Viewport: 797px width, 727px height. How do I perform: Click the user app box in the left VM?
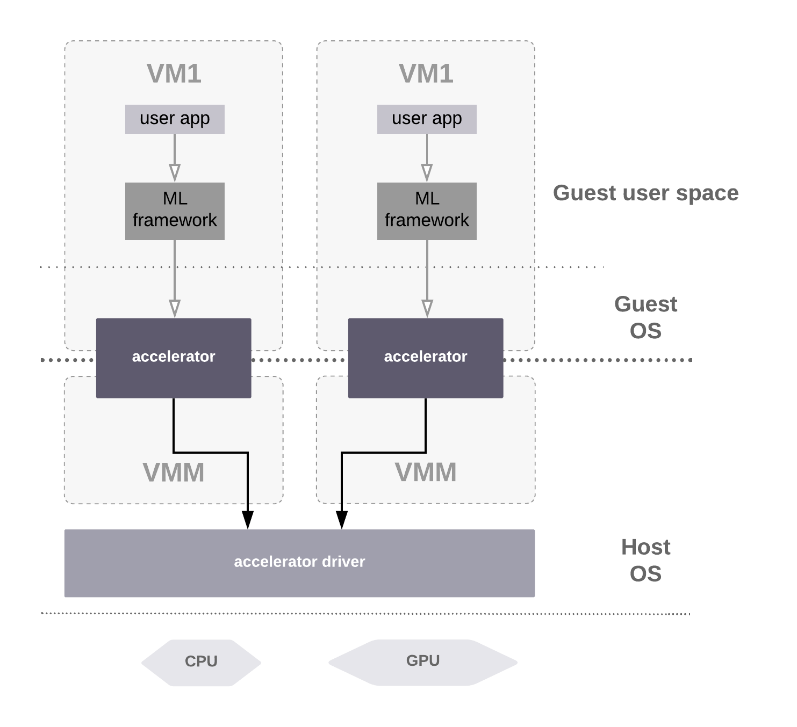pyautogui.click(x=175, y=119)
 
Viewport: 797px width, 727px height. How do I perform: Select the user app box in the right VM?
pyautogui.click(x=427, y=119)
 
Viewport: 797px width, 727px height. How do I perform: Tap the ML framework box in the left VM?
pyautogui.click(x=175, y=211)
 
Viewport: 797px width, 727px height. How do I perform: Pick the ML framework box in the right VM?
pyautogui.click(x=427, y=211)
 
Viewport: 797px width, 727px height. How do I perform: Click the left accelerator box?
pyautogui.click(x=174, y=358)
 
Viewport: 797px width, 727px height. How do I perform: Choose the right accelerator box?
pyautogui.click(x=426, y=358)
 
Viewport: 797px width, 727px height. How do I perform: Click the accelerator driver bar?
pyautogui.click(x=299, y=563)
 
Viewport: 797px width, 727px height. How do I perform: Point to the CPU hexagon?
pyautogui.click(x=201, y=662)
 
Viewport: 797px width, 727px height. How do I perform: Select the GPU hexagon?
pyautogui.click(x=423, y=661)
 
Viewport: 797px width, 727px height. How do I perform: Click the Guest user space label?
pyautogui.click(x=645, y=193)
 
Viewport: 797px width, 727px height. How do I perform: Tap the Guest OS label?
pyautogui.click(x=645, y=317)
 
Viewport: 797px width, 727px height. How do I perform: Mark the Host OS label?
pyautogui.click(x=645, y=561)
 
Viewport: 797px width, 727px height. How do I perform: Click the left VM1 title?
pyautogui.click(x=174, y=74)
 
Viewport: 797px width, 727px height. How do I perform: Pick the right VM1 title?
pyautogui.click(x=426, y=74)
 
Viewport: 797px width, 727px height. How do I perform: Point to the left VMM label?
pyautogui.click(x=174, y=473)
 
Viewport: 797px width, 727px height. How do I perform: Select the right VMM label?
pyautogui.click(x=426, y=473)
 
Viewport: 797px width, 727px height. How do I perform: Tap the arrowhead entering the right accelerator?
pyautogui.click(x=427, y=309)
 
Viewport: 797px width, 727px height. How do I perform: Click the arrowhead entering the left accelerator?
pyautogui.click(x=175, y=309)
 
